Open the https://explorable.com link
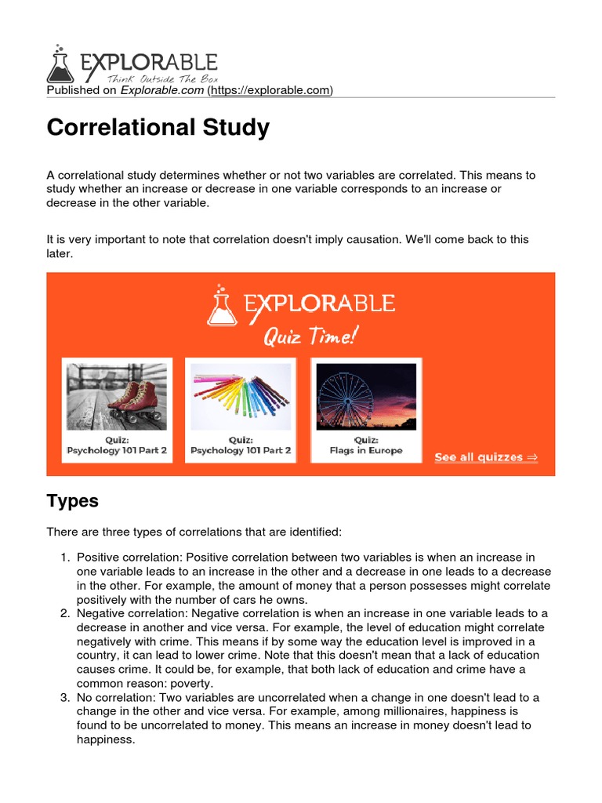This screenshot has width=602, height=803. coord(270,91)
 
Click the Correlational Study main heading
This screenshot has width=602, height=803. coord(158,128)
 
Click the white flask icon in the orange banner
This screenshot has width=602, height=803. coord(221,305)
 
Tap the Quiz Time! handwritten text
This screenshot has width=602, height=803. coord(310,337)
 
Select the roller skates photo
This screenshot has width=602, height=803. coord(117,396)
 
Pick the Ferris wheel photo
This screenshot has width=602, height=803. coord(366,396)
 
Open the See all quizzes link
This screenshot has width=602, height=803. coord(486,457)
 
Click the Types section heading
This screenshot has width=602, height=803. coord(73,501)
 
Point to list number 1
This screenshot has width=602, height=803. coord(65,557)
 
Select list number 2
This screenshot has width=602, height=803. coord(65,613)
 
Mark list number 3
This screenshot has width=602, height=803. coord(65,698)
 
